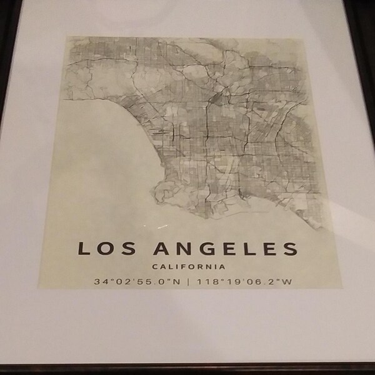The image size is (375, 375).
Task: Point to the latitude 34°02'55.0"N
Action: (137, 281)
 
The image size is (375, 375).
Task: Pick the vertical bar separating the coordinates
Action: (188, 281)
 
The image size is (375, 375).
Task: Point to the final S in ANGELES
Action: (288, 248)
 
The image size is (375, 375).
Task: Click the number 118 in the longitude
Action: (204, 281)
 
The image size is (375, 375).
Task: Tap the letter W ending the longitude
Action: (287, 281)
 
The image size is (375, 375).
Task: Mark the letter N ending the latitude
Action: (177, 281)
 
